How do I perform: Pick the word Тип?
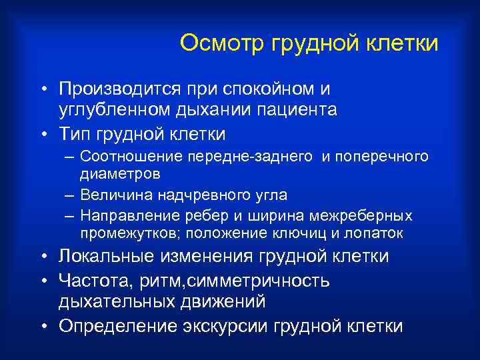(75, 134)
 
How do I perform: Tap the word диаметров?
(120, 173)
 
